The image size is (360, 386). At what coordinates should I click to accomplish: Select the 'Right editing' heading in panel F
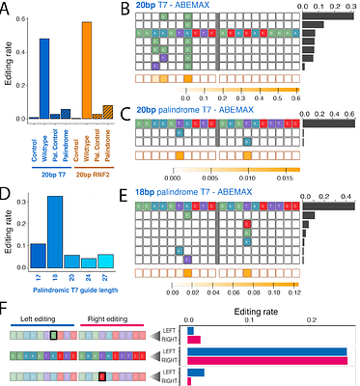103,316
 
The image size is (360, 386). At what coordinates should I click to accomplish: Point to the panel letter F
7,310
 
